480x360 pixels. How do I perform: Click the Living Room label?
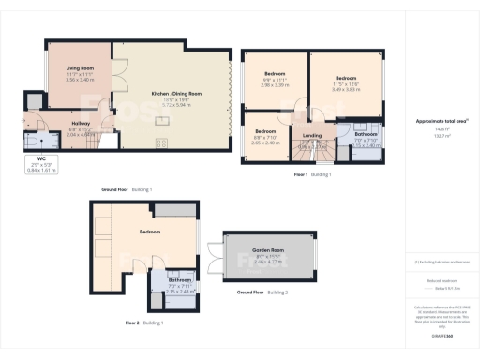pyautogui.click(x=78, y=68)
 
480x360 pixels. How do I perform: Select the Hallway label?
pyautogui.click(x=80, y=123)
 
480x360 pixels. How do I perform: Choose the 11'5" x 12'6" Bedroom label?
pyautogui.click(x=346, y=78)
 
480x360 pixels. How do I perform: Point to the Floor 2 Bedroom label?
pyautogui.click(x=150, y=231)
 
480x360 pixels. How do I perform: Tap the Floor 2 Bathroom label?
pyautogui.click(x=179, y=280)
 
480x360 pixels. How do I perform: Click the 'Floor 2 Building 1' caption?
pyautogui.click(x=142, y=322)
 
